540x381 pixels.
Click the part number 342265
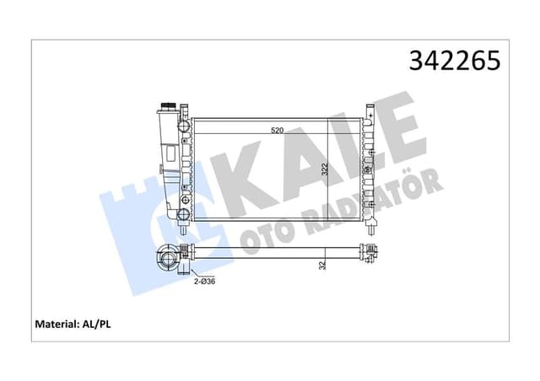[455, 61]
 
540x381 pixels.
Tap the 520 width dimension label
[277, 131]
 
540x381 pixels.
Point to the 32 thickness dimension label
[324, 266]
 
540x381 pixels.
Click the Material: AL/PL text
[73, 323]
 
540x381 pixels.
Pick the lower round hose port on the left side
[183, 203]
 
